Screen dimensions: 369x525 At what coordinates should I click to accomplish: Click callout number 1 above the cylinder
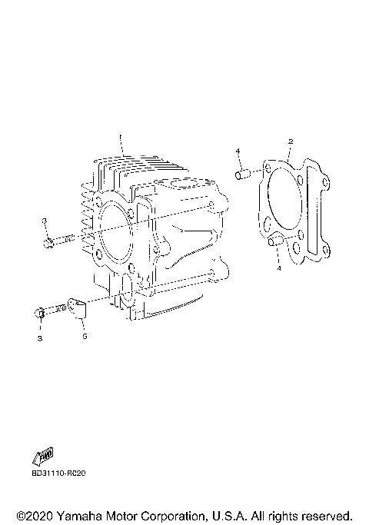(x=120, y=137)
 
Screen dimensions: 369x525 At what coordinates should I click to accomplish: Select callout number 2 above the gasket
(x=291, y=141)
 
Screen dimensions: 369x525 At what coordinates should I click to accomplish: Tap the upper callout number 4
(x=238, y=151)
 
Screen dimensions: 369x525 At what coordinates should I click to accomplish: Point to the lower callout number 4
(x=279, y=268)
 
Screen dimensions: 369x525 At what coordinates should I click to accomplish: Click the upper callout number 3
(x=44, y=221)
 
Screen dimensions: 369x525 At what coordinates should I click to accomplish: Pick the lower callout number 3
(x=40, y=338)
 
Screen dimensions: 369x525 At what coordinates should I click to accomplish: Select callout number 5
(x=85, y=336)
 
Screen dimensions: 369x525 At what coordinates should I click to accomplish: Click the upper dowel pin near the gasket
(x=243, y=174)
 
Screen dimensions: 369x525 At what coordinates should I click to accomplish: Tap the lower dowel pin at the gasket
(x=276, y=241)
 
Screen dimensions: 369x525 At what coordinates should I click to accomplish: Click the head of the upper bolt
(x=48, y=243)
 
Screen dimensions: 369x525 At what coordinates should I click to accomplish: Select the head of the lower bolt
(x=39, y=312)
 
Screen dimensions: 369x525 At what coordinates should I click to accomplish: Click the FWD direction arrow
(x=43, y=456)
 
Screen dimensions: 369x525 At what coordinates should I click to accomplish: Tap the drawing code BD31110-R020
(x=59, y=473)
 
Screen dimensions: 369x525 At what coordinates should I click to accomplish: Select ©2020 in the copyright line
(x=35, y=516)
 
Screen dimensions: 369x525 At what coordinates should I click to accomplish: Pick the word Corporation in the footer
(x=172, y=516)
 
